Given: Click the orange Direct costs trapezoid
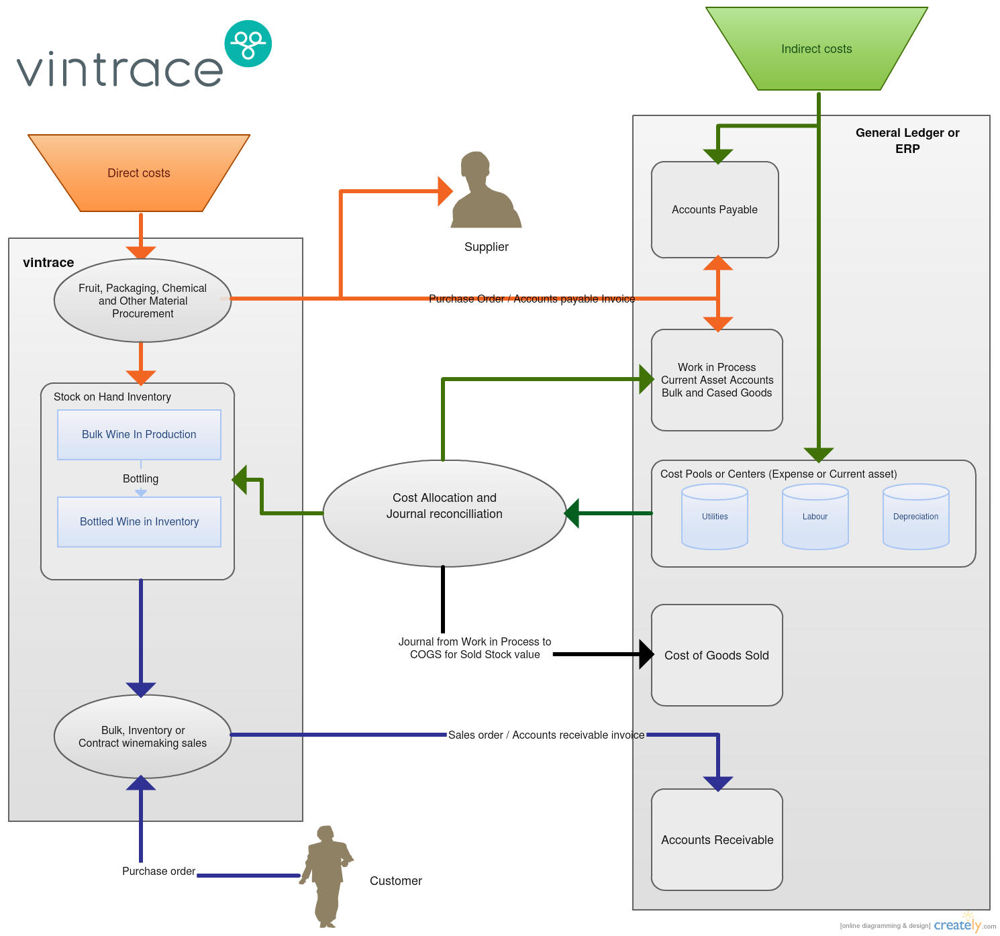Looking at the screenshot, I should pos(139,173).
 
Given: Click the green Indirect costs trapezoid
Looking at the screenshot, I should pos(816,49).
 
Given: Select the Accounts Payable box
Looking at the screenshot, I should pos(715,209).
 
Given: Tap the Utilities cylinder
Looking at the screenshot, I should pos(715,517).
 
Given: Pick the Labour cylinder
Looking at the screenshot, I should pos(815,517).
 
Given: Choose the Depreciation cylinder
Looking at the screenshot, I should pos(915,517).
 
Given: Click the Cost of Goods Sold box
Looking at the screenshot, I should pos(717,656).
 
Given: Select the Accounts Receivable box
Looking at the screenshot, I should pos(717,839).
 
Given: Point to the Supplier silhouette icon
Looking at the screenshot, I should pos(487,191).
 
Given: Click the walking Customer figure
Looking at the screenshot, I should pos(328,876).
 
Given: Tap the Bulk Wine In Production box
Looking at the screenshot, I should pos(139,435).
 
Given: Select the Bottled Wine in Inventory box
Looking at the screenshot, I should pos(139,522).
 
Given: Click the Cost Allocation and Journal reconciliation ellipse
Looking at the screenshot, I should pos(444,513).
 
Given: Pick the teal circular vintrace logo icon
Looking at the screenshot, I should pos(248,44).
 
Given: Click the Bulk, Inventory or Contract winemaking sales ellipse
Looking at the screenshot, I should pos(142,737).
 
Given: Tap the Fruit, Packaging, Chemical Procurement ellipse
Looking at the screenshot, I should pos(142,301).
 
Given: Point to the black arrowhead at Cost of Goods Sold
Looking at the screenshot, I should pos(646,654).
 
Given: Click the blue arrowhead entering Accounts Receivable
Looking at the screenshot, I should pos(718,783).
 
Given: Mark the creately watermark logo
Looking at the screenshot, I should pos(957,925).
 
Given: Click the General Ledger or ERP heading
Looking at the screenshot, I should pos(907,140).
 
